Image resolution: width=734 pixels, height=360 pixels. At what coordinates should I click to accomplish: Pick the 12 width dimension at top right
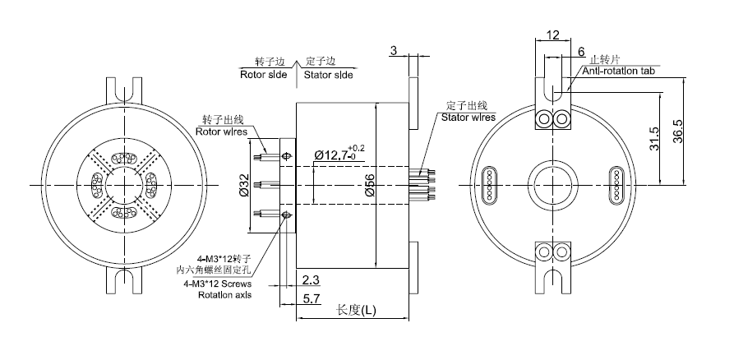pos(552,36)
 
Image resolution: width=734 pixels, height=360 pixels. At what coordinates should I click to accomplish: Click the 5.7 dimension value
pos(312,299)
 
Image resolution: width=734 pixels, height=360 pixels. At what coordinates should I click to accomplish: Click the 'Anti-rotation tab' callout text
pos(619,72)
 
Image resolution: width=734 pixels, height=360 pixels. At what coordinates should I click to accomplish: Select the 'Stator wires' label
pos(469,118)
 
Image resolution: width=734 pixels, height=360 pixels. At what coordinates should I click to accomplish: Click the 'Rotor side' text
pos(263,74)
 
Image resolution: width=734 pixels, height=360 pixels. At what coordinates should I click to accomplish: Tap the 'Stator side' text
pos(329,74)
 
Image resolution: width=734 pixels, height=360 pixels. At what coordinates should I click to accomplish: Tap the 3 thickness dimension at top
pos(394,51)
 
